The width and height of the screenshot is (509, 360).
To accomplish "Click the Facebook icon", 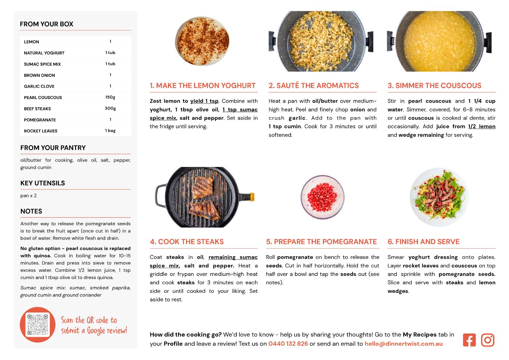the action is pyautogui.click(x=469, y=340).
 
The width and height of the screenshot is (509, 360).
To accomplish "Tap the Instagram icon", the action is pyautogui.click(x=488, y=340).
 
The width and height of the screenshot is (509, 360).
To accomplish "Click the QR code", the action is pyautogui.click(x=38, y=324).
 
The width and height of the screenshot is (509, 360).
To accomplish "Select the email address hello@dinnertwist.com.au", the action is pyautogui.click(x=403, y=344).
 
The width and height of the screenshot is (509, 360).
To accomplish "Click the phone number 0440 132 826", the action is pyautogui.click(x=288, y=344).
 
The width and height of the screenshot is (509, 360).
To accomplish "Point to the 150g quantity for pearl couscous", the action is pyautogui.click(x=110, y=97).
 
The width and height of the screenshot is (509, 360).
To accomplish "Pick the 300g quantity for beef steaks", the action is pyautogui.click(x=110, y=109).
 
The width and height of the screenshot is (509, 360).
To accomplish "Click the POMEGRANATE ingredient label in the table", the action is pyautogui.click(x=40, y=120).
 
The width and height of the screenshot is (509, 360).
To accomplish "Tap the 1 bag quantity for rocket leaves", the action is pyautogui.click(x=110, y=131).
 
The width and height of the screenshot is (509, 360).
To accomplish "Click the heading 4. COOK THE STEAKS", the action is pyautogui.click(x=187, y=242).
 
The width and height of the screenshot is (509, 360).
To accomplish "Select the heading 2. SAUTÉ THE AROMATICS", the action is pyautogui.click(x=313, y=85).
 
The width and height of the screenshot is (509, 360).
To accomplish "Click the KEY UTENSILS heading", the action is pyautogui.click(x=43, y=183).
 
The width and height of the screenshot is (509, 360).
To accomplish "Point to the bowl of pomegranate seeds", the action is pyautogui.click(x=323, y=197).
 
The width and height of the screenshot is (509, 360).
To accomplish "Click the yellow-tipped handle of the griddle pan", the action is pyautogui.click(x=252, y=197).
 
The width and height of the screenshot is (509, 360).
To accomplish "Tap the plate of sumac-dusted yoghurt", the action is pyautogui.click(x=202, y=41).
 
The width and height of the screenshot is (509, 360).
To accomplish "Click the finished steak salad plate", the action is pyautogui.click(x=439, y=197).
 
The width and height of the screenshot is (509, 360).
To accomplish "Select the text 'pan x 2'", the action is pyautogui.click(x=28, y=196).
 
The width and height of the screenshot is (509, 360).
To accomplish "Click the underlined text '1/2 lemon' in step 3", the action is pyautogui.click(x=482, y=127).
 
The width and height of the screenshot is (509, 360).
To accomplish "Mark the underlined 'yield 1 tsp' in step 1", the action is pyautogui.click(x=204, y=101).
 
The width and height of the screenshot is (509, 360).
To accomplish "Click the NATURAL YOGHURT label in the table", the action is pyautogui.click(x=44, y=53).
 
